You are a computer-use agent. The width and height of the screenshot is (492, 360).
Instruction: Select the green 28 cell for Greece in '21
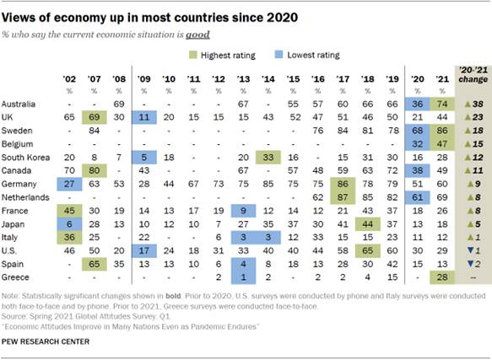(x=439, y=255)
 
